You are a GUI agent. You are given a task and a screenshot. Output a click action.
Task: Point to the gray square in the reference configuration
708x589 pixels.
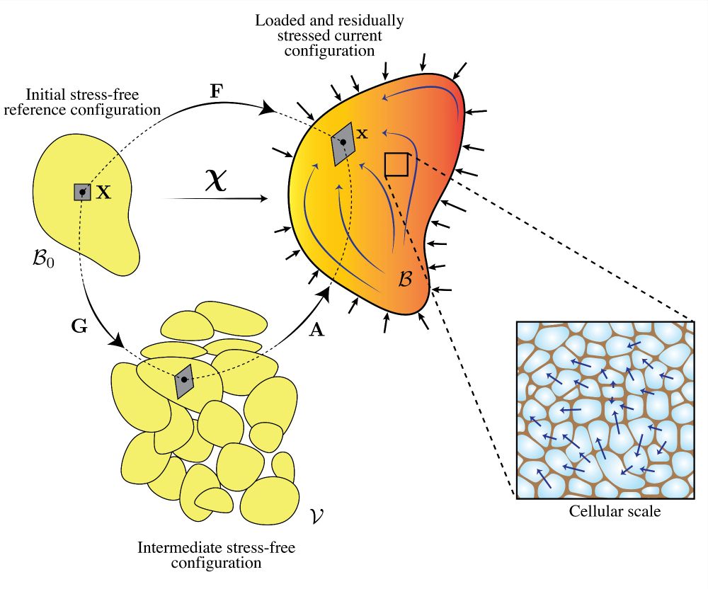pos(83,192)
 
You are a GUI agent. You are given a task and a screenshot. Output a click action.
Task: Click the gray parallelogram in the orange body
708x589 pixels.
pos(343,143)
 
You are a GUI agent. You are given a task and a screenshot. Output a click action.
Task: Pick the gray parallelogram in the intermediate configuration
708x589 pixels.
pos(184,380)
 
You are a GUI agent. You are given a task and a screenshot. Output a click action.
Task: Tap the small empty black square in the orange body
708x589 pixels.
pos(396,164)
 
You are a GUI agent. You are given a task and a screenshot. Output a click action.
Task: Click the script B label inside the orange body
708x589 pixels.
pos(404,278)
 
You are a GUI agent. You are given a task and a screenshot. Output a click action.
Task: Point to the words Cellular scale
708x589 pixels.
pos(615,511)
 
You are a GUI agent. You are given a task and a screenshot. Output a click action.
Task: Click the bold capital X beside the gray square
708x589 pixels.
pos(103,192)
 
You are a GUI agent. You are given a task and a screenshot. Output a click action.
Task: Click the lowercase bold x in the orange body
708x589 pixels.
pos(362,133)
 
